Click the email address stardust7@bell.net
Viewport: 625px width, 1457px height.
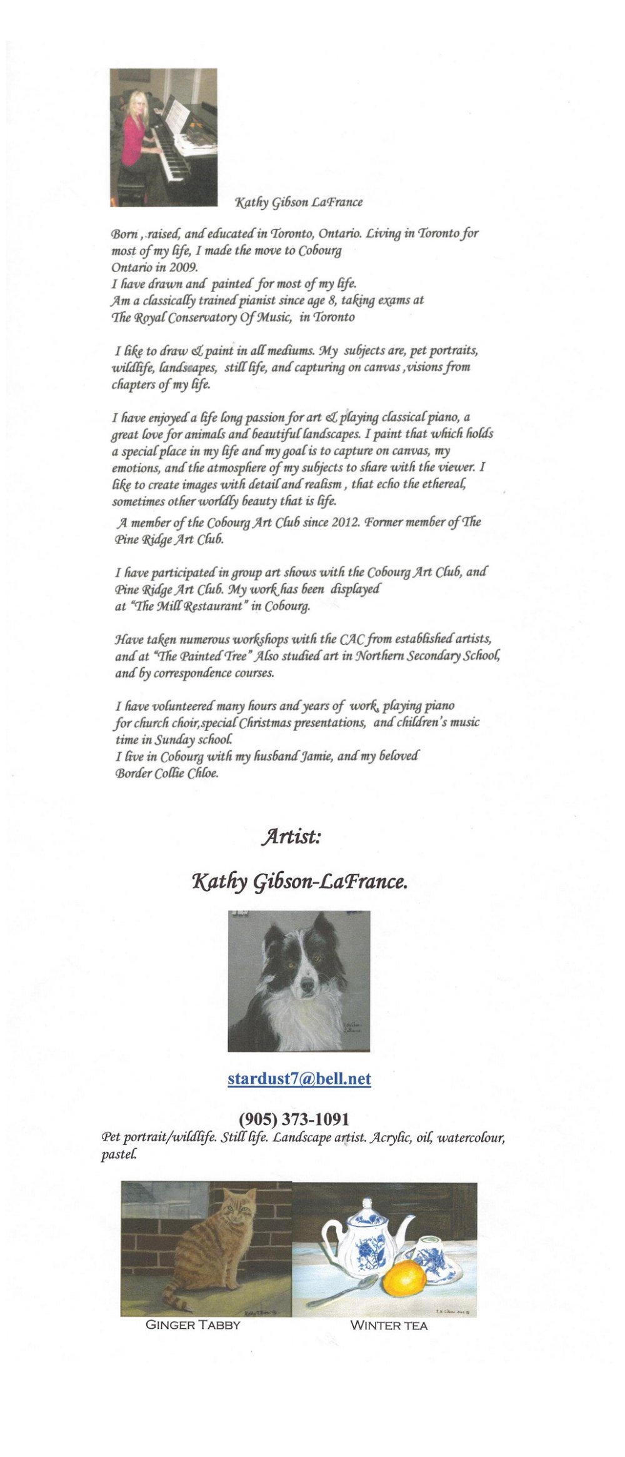click(x=299, y=1079)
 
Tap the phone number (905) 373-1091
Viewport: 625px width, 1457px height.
click(x=294, y=1119)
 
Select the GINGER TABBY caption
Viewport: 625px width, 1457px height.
click(x=192, y=1324)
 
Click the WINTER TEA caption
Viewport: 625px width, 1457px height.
click(x=389, y=1325)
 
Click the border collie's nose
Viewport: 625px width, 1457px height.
click(x=307, y=987)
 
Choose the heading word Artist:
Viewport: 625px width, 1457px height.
click(x=291, y=836)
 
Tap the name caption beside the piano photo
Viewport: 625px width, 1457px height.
click(x=298, y=202)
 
